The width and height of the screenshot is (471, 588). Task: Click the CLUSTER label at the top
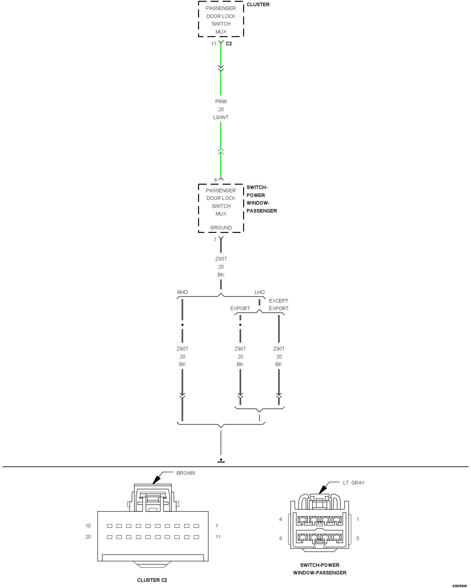coord(258,4)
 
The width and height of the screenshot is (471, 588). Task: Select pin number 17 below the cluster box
coord(214,44)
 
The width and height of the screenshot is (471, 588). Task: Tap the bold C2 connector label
coord(229,44)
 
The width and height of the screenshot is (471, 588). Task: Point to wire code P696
coord(221,101)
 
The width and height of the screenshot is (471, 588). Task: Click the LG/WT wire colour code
coord(221,117)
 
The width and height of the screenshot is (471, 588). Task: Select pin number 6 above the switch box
coord(215,180)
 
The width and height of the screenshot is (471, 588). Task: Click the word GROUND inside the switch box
coord(221,228)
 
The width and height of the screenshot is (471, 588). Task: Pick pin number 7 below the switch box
coord(215,240)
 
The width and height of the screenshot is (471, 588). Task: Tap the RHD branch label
coord(183,292)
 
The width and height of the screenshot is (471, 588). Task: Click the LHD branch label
coord(260,292)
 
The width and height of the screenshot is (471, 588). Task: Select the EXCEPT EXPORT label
coord(278,305)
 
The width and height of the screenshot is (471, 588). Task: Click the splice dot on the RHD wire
coord(183,325)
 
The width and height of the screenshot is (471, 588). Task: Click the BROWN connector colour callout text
coord(185,473)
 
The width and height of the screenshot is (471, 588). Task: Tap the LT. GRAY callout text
coord(354,483)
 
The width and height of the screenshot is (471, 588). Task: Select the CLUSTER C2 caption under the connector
coord(152,580)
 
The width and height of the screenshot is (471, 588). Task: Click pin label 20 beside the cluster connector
coord(88,537)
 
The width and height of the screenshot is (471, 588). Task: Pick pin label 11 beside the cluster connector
coord(218,537)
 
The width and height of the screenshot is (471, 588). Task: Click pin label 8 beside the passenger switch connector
coord(281,538)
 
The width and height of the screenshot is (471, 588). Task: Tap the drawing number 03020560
coord(460,586)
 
